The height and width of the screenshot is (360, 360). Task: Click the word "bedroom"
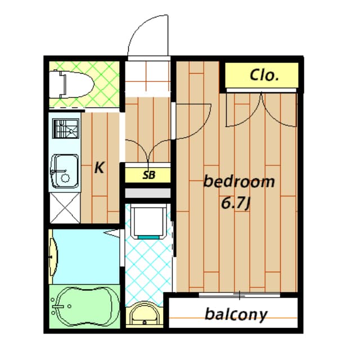[239, 182]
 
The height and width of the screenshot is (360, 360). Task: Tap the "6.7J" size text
[235, 202]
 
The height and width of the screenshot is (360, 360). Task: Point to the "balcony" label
[236, 314]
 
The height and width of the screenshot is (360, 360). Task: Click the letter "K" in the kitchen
[99, 168]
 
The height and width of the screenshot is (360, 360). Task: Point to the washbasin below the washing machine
[145, 315]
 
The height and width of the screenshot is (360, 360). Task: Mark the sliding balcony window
[239, 295]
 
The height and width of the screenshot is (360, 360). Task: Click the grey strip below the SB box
[147, 193]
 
